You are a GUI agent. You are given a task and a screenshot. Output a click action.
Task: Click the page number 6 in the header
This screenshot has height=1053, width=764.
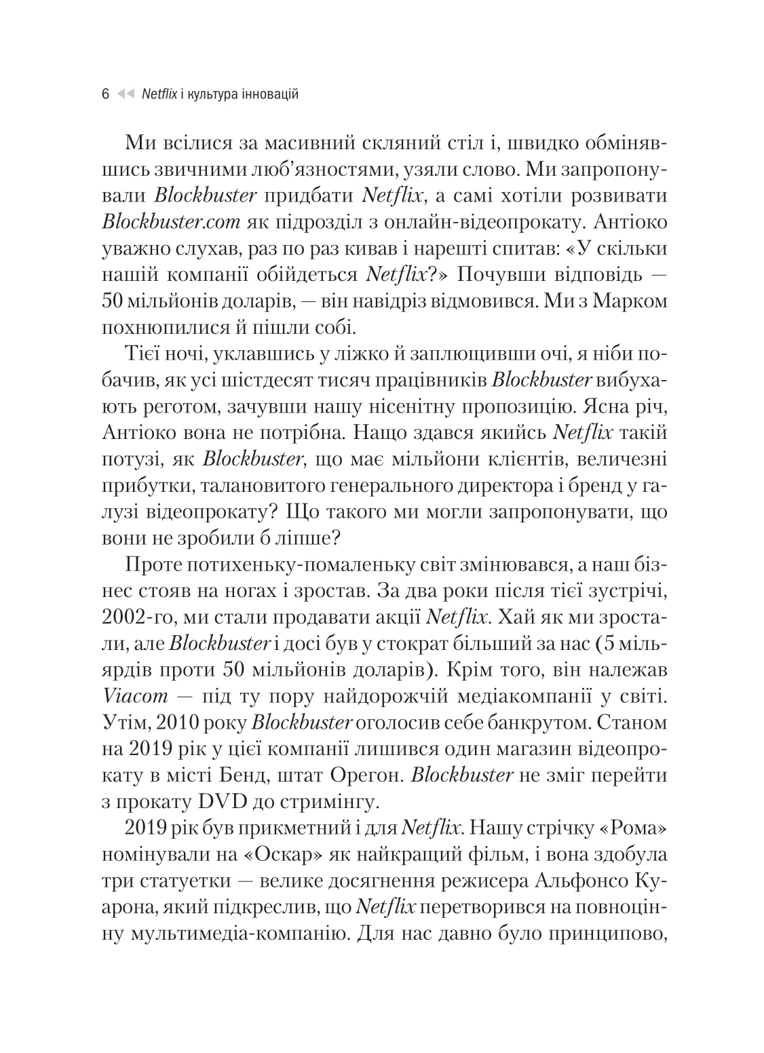tap(105, 94)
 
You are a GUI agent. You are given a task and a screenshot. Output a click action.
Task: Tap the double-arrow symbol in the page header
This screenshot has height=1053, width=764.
tap(126, 94)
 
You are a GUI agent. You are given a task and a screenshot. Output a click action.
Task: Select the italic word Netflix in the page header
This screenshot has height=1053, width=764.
tap(159, 94)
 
